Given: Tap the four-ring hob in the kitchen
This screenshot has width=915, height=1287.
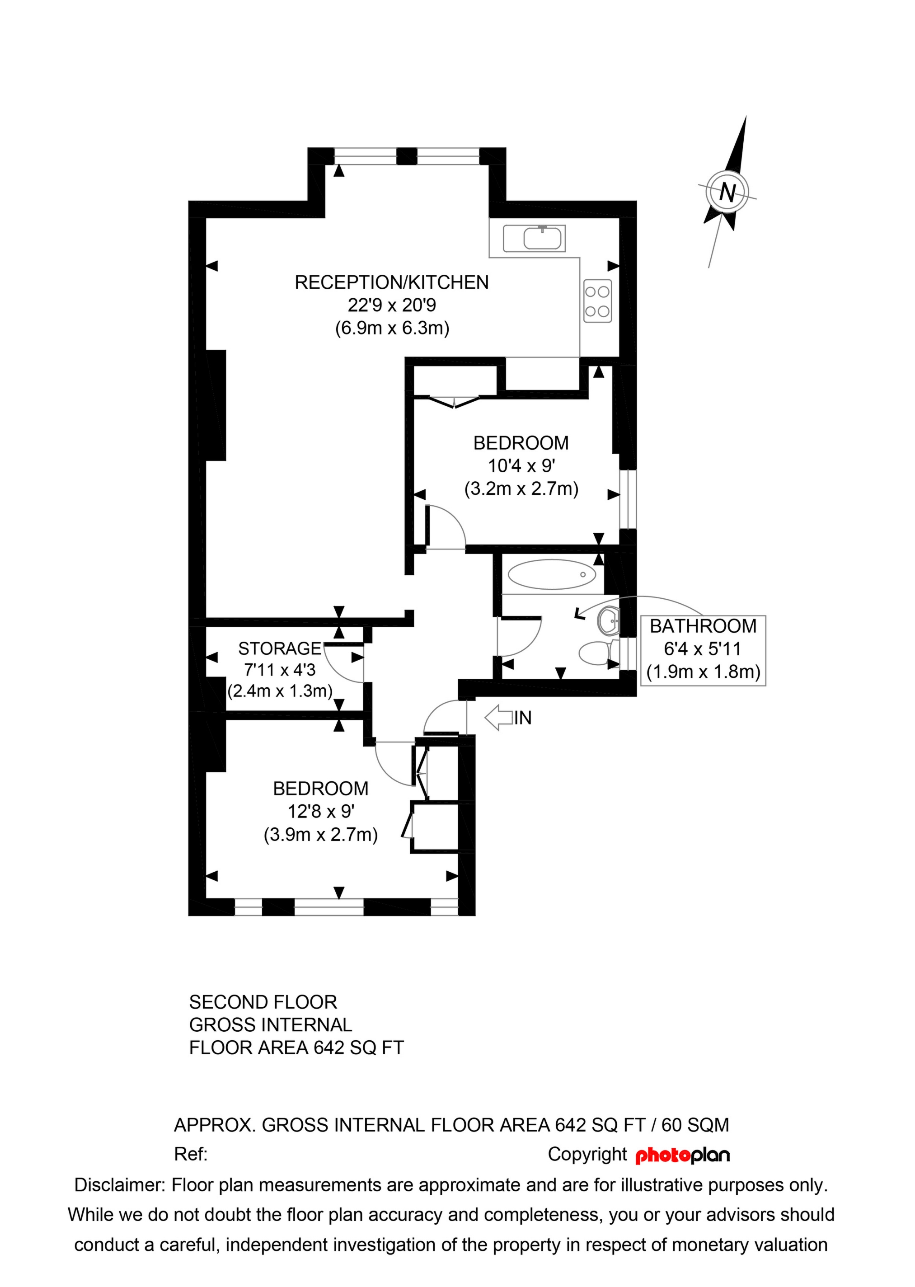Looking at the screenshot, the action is pyautogui.click(x=597, y=301).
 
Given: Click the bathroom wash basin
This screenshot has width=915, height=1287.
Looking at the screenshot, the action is pyautogui.click(x=609, y=621).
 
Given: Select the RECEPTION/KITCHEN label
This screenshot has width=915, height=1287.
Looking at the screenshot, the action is pyautogui.click(x=392, y=282).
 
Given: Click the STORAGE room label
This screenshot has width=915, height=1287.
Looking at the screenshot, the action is pyautogui.click(x=279, y=648).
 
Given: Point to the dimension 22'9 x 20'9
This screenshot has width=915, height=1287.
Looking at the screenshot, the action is pyautogui.click(x=392, y=305).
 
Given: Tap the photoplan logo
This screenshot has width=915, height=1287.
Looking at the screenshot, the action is pyautogui.click(x=682, y=1155).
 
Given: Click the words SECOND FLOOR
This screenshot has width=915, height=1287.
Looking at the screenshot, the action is pyautogui.click(x=263, y=1002).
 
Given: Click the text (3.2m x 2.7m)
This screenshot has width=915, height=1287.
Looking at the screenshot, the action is pyautogui.click(x=521, y=488).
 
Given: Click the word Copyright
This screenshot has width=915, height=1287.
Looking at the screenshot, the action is pyautogui.click(x=587, y=1154).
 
